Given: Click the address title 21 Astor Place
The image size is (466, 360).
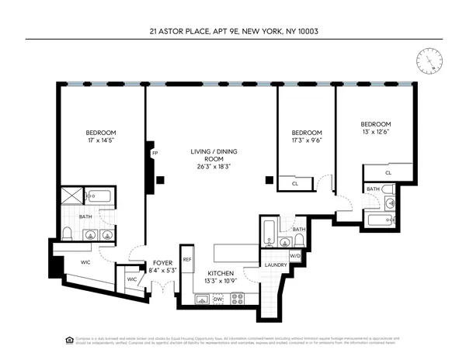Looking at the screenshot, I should point(234,32).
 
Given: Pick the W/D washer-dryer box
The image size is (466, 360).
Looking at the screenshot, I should point(295,255).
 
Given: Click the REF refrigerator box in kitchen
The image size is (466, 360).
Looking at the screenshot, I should point(187,259).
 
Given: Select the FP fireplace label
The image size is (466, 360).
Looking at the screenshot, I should point(155,154).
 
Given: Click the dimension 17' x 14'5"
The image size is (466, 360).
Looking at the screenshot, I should point(102,141).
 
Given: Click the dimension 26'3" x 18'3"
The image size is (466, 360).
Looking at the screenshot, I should point(212,166).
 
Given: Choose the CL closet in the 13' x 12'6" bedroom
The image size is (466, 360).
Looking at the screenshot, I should point(388,173).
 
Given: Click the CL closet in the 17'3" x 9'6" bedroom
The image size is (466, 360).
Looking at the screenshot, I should point(295,184).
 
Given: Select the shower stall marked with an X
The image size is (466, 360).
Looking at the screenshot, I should point(72,196).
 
